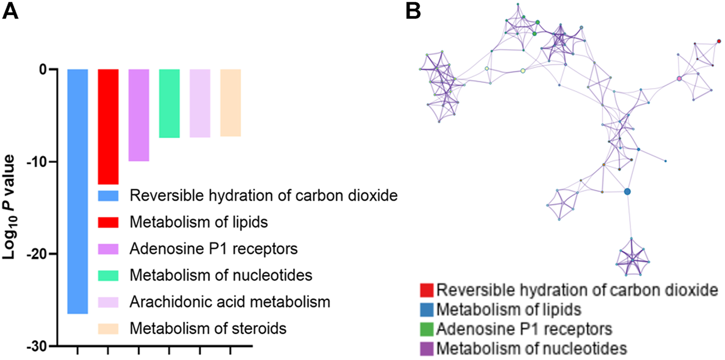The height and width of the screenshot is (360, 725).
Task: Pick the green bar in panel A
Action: coord(169,103)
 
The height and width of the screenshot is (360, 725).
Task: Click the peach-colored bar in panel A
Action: coord(230,103)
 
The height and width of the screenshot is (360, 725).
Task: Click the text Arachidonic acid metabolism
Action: coord(230,302)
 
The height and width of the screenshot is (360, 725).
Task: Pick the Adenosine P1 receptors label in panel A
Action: coord(213,249)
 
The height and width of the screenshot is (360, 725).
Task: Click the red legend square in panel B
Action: coord(427,290)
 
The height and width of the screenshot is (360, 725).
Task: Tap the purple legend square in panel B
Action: coord(427,349)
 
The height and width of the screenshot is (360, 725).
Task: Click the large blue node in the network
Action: coord(627,192)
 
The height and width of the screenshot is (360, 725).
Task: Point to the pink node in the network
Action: coord(679,79)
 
